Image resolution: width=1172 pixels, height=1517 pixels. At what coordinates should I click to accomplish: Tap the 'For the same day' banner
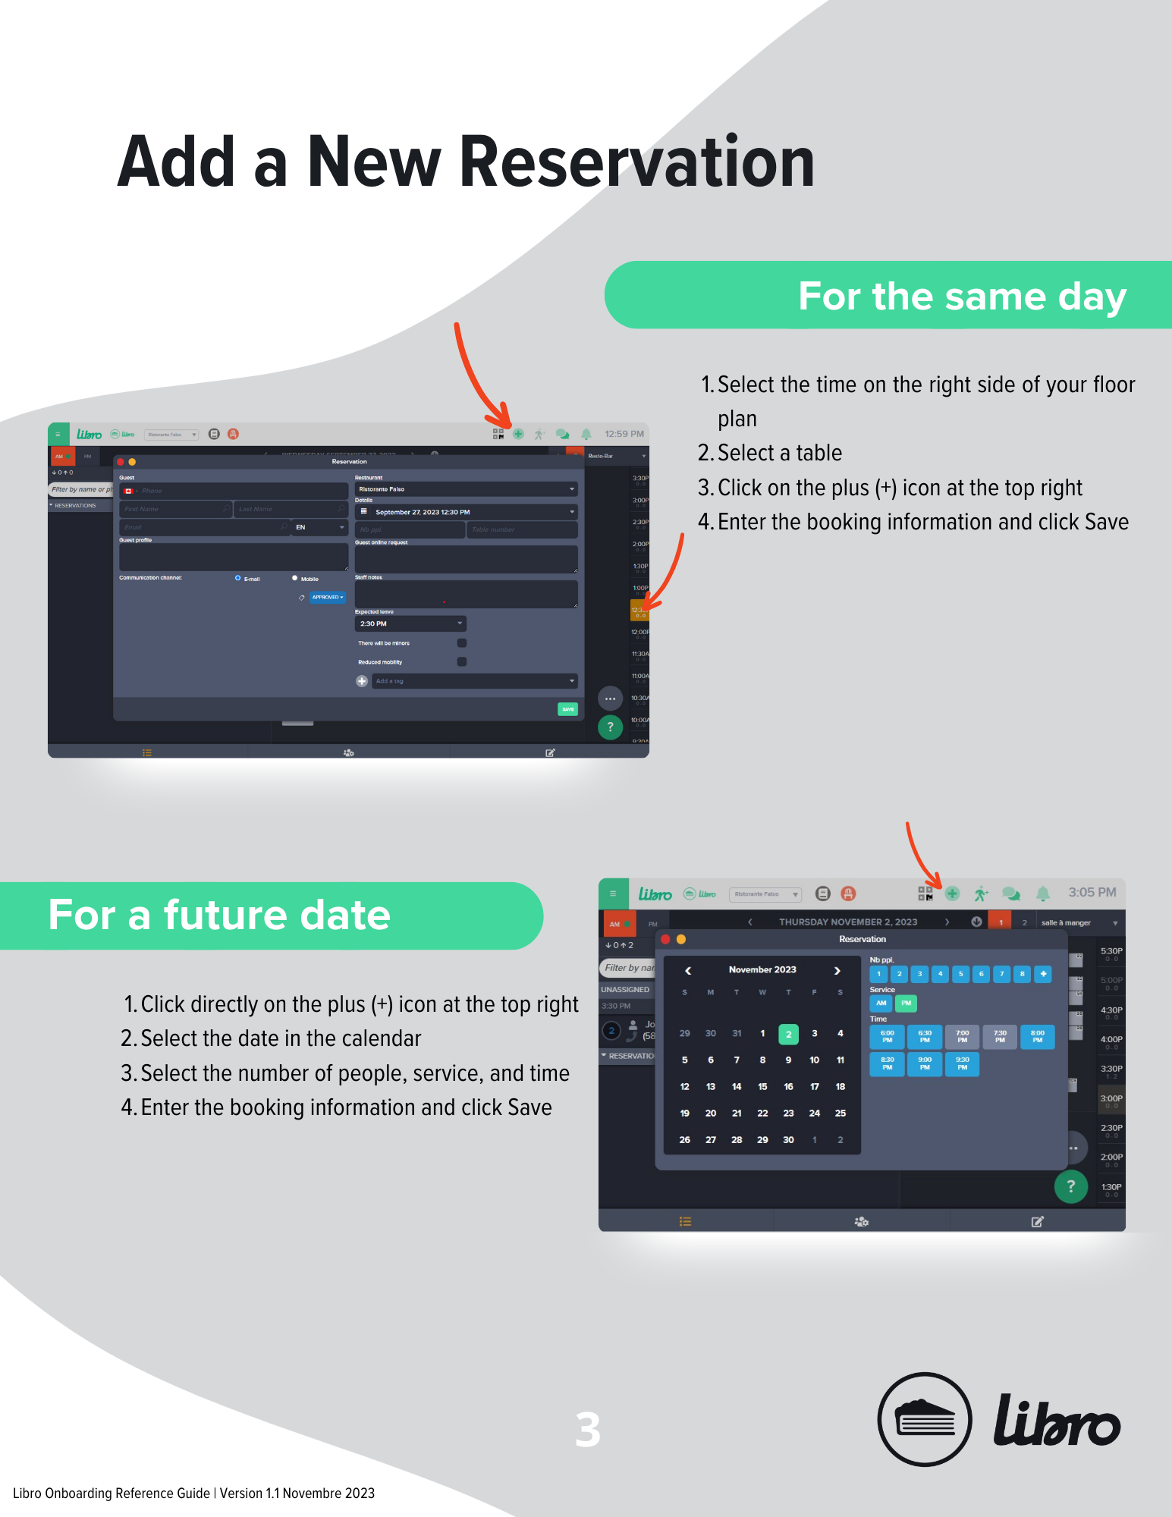pyautogui.click(x=961, y=296)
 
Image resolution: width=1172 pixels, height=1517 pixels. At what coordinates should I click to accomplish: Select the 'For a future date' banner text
pyautogui.click(x=219, y=915)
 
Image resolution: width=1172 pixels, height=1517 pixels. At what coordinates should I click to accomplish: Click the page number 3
pyautogui.click(x=587, y=1430)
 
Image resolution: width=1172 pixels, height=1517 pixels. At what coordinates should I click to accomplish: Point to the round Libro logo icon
pyautogui.click(x=924, y=1419)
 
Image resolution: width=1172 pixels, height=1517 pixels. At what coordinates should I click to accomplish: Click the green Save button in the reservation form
pyautogui.click(x=567, y=709)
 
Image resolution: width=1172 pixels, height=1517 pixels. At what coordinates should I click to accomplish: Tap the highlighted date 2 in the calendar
pyautogui.click(x=788, y=1034)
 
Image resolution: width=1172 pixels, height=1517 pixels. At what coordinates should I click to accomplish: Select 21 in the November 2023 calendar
pyautogui.click(x=737, y=1113)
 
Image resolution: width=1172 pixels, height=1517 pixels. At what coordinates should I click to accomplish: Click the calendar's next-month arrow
pyautogui.click(x=837, y=970)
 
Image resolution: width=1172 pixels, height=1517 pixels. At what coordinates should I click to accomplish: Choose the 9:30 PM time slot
pyautogui.click(x=962, y=1063)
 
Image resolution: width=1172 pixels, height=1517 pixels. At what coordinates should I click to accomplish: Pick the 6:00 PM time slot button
pyautogui.click(x=887, y=1036)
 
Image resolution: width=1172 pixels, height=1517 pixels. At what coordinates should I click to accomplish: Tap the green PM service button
pyautogui.click(x=906, y=1003)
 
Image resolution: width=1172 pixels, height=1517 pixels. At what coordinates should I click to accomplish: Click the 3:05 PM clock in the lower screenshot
pyautogui.click(x=1092, y=893)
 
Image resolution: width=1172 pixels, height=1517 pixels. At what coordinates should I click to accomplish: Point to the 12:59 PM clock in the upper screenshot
pyautogui.click(x=624, y=434)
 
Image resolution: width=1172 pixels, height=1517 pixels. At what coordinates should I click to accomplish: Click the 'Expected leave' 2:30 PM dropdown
pyautogui.click(x=410, y=623)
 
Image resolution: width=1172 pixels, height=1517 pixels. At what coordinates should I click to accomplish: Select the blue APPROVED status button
pyautogui.click(x=328, y=597)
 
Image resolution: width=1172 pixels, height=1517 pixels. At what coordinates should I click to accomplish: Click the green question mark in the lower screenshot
pyautogui.click(x=1070, y=1186)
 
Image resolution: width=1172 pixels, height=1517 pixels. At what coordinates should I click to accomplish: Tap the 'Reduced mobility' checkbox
pyautogui.click(x=462, y=661)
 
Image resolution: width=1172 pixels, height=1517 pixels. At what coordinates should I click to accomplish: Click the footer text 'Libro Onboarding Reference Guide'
pyautogui.click(x=112, y=1493)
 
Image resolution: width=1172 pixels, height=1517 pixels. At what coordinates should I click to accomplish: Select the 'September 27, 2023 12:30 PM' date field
pyautogui.click(x=466, y=512)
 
